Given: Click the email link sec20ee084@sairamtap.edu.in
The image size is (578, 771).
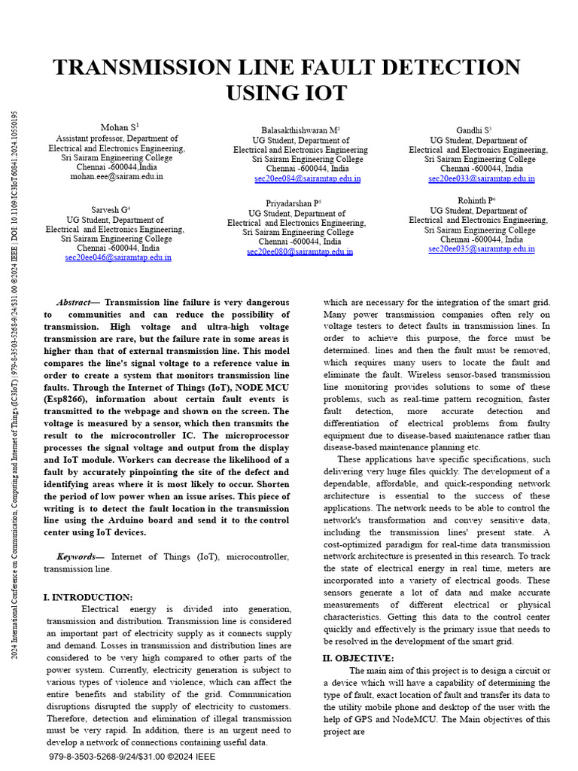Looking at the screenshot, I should pos(307,179).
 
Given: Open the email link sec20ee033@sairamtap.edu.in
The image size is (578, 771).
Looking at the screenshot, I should pos(482,179).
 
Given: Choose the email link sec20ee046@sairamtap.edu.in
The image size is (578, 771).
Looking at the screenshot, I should pos(118,257).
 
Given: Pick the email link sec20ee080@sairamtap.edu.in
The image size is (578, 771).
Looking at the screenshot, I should pos(300,252).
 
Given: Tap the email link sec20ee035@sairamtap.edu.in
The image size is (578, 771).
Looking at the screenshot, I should pos(482,248).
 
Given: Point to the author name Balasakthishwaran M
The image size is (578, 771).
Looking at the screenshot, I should pos(300,130).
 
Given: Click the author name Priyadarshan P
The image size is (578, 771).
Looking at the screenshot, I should pos(293,203).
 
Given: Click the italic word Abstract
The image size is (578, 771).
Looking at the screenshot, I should pos(73,302).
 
